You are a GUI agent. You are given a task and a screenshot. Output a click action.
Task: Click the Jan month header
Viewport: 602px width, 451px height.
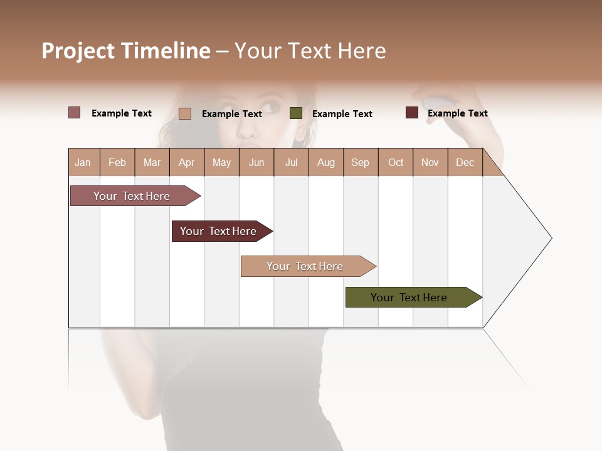83,162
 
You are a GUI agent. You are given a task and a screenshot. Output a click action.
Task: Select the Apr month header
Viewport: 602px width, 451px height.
186,162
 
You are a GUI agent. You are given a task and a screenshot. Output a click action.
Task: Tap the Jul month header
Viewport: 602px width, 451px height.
291,162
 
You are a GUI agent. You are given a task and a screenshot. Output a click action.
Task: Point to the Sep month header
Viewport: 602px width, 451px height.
360,162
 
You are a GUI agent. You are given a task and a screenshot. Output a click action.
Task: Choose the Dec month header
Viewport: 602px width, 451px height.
465,162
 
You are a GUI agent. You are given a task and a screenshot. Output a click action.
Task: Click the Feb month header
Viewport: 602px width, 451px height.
117,162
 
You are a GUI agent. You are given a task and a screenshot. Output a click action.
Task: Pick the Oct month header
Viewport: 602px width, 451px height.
396,162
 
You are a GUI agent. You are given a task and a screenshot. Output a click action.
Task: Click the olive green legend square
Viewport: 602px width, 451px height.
296,113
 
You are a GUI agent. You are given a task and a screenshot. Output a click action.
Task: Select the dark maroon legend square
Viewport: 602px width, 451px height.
412,113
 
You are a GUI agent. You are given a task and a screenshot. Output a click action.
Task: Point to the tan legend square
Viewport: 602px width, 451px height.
185,113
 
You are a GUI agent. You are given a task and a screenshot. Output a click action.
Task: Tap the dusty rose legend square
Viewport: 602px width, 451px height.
75,113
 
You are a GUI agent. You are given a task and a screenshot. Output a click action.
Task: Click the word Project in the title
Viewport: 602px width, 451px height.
78,51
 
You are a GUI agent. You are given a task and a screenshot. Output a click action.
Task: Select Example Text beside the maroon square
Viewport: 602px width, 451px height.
457,113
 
